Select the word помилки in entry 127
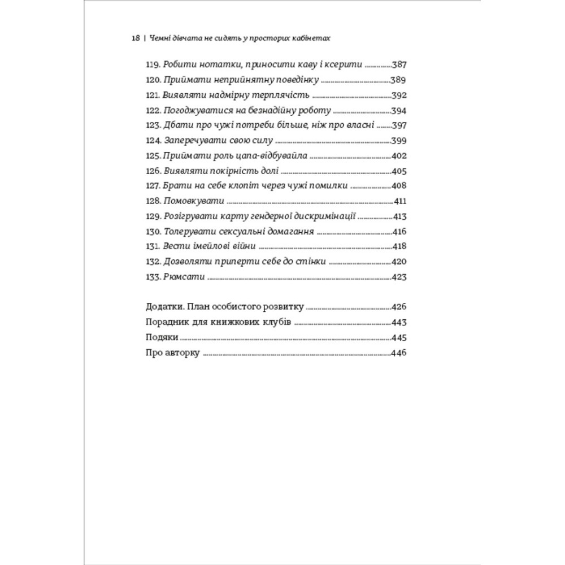click(331, 186)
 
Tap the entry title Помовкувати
click(193, 202)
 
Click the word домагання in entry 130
click(292, 232)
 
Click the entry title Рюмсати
click(182, 277)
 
